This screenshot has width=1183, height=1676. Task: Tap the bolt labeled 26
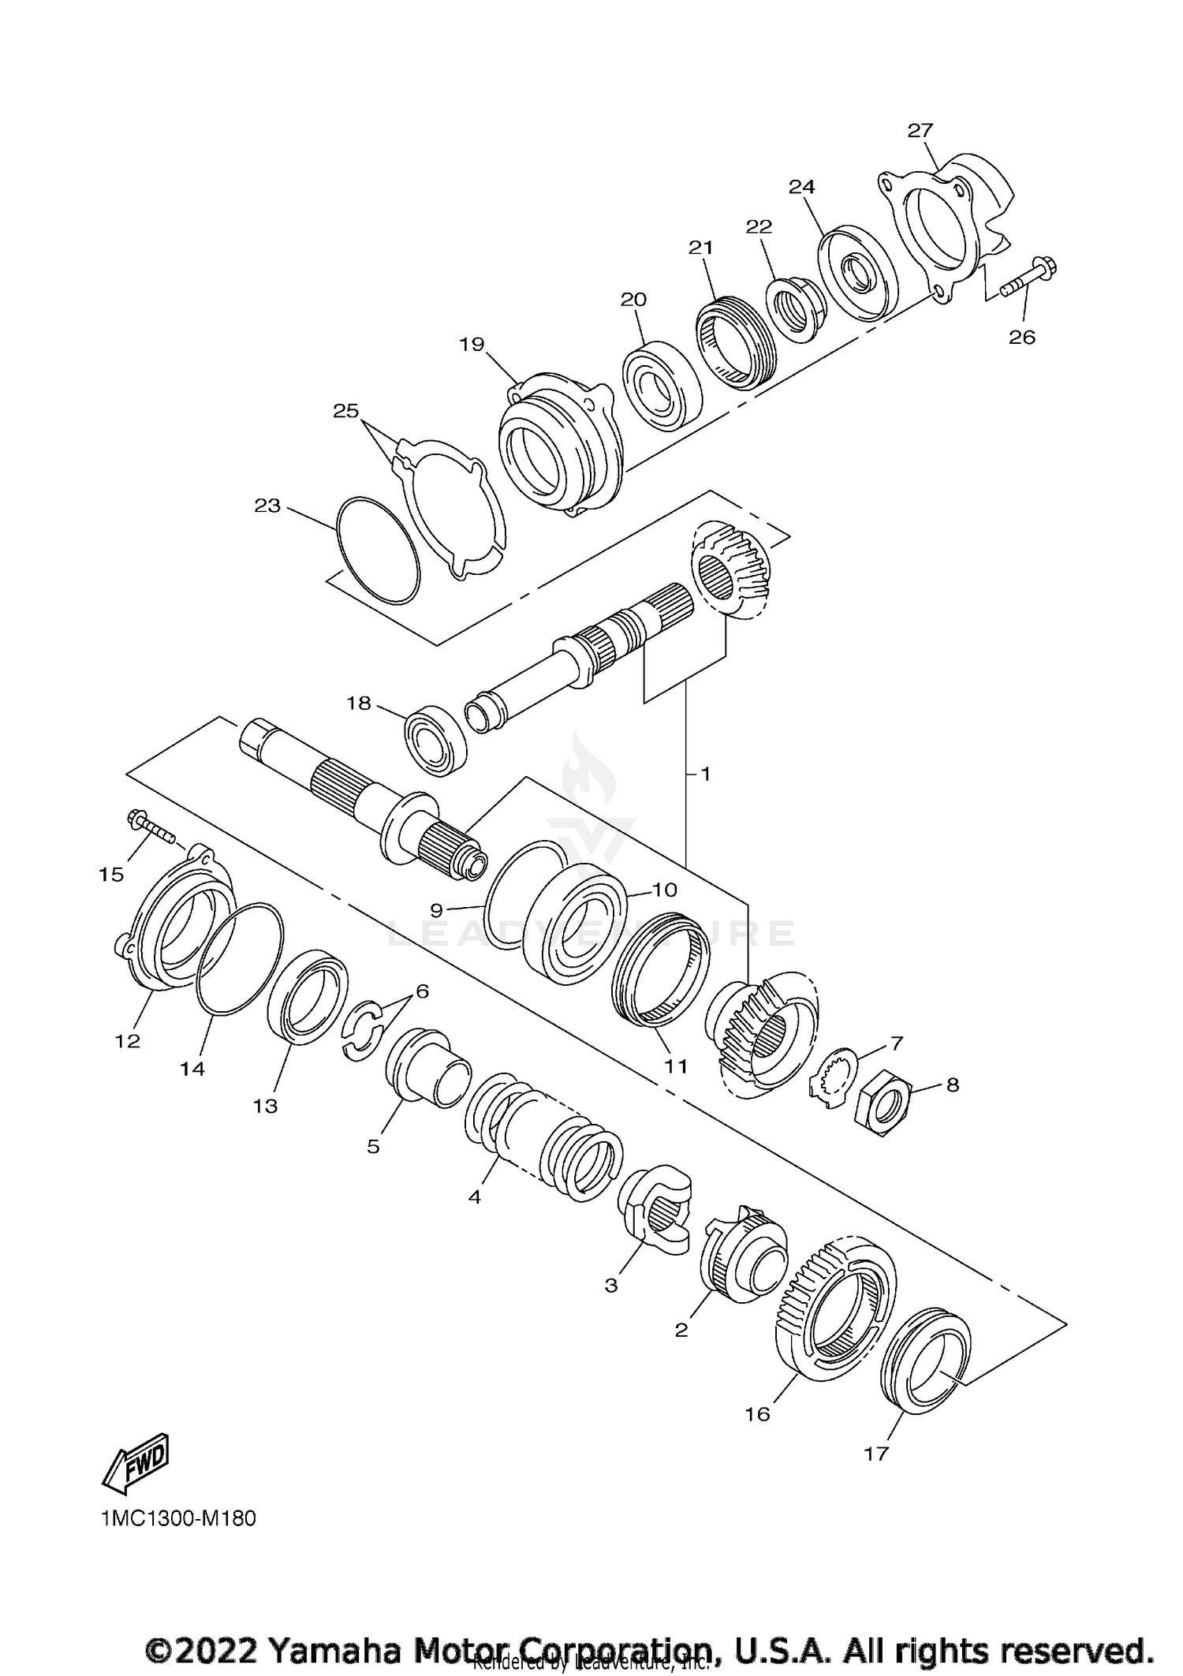point(1030,280)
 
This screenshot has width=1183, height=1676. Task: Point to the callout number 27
point(920,131)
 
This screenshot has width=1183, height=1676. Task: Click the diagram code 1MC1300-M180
point(178,1518)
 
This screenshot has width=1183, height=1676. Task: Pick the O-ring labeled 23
point(378,551)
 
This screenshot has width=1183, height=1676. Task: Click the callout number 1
point(705,775)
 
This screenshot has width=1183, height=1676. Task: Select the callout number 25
point(345,411)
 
